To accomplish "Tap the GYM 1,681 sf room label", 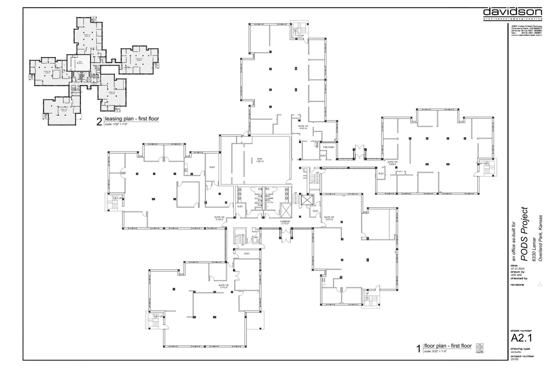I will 260,160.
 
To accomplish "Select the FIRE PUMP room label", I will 329,147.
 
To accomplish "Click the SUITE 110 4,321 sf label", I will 303,127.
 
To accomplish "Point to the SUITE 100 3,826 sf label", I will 392,163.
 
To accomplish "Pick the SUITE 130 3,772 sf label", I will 223,286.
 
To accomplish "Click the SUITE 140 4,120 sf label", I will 219,218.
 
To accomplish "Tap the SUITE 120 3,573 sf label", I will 329,218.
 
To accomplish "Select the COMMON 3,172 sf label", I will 285,222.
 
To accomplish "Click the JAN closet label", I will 256,237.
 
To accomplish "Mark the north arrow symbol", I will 479,347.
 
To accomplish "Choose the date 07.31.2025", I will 517,269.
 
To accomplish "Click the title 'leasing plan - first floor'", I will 132,119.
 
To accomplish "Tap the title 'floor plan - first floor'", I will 448,346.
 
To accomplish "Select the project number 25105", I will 514,359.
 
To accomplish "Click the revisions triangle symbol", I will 540,284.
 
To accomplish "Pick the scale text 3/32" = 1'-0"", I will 435,351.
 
